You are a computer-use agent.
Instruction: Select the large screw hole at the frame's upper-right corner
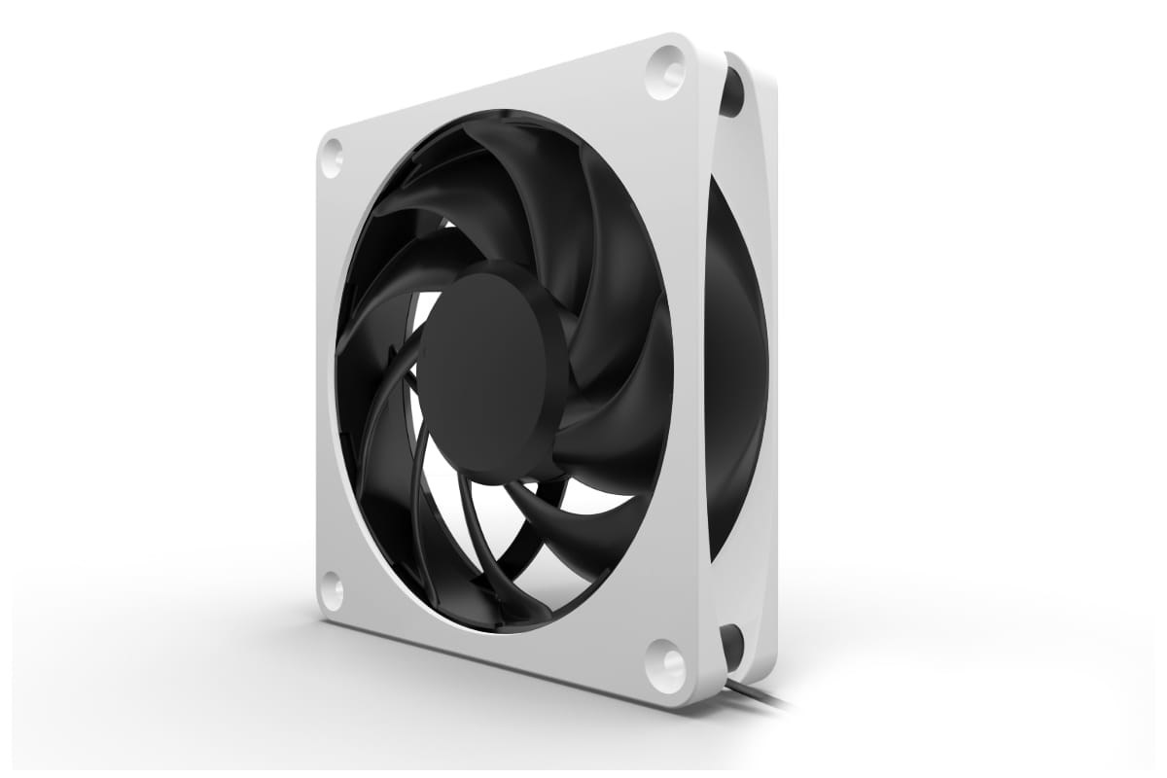[x=665, y=71]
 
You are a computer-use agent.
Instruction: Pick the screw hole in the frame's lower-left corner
[x=331, y=590]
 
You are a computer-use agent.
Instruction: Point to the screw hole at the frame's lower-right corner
[x=666, y=666]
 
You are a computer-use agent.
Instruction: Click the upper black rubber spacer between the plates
[x=732, y=92]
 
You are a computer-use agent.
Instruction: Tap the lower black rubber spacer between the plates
[x=732, y=646]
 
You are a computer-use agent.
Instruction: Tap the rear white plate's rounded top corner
[x=759, y=73]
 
